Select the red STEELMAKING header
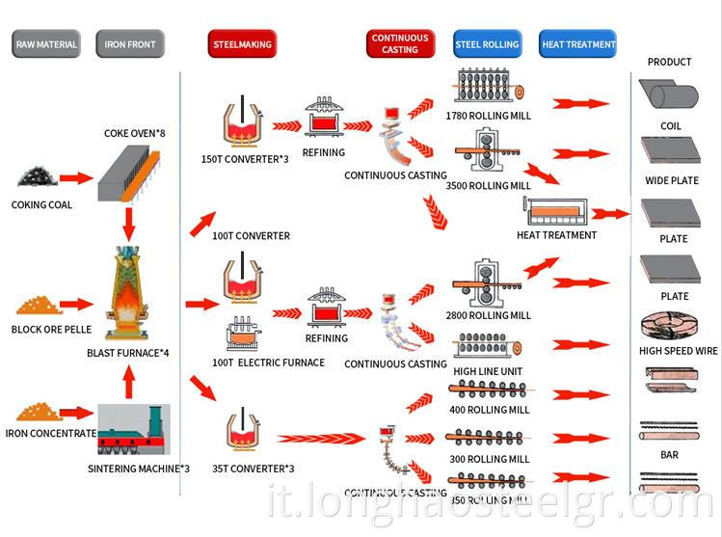(241, 44)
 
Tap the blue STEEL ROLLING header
(487, 44)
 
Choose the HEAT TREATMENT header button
(578, 44)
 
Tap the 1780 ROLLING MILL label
(488, 116)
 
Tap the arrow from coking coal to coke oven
(75, 178)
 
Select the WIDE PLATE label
(670, 181)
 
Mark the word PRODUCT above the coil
(670, 62)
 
